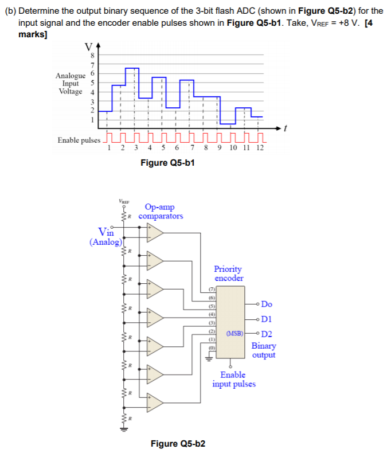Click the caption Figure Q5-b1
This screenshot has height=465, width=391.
[x=167, y=163]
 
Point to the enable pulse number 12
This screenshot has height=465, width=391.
[x=259, y=147]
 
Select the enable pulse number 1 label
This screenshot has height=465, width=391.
[x=109, y=147]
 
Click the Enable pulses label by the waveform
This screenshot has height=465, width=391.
[x=79, y=140]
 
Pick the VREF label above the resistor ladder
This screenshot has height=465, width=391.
[x=124, y=201]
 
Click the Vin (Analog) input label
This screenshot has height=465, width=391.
[x=105, y=236]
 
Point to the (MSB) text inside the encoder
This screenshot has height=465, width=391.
[x=236, y=333]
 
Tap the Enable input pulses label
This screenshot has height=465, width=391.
[x=234, y=380]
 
